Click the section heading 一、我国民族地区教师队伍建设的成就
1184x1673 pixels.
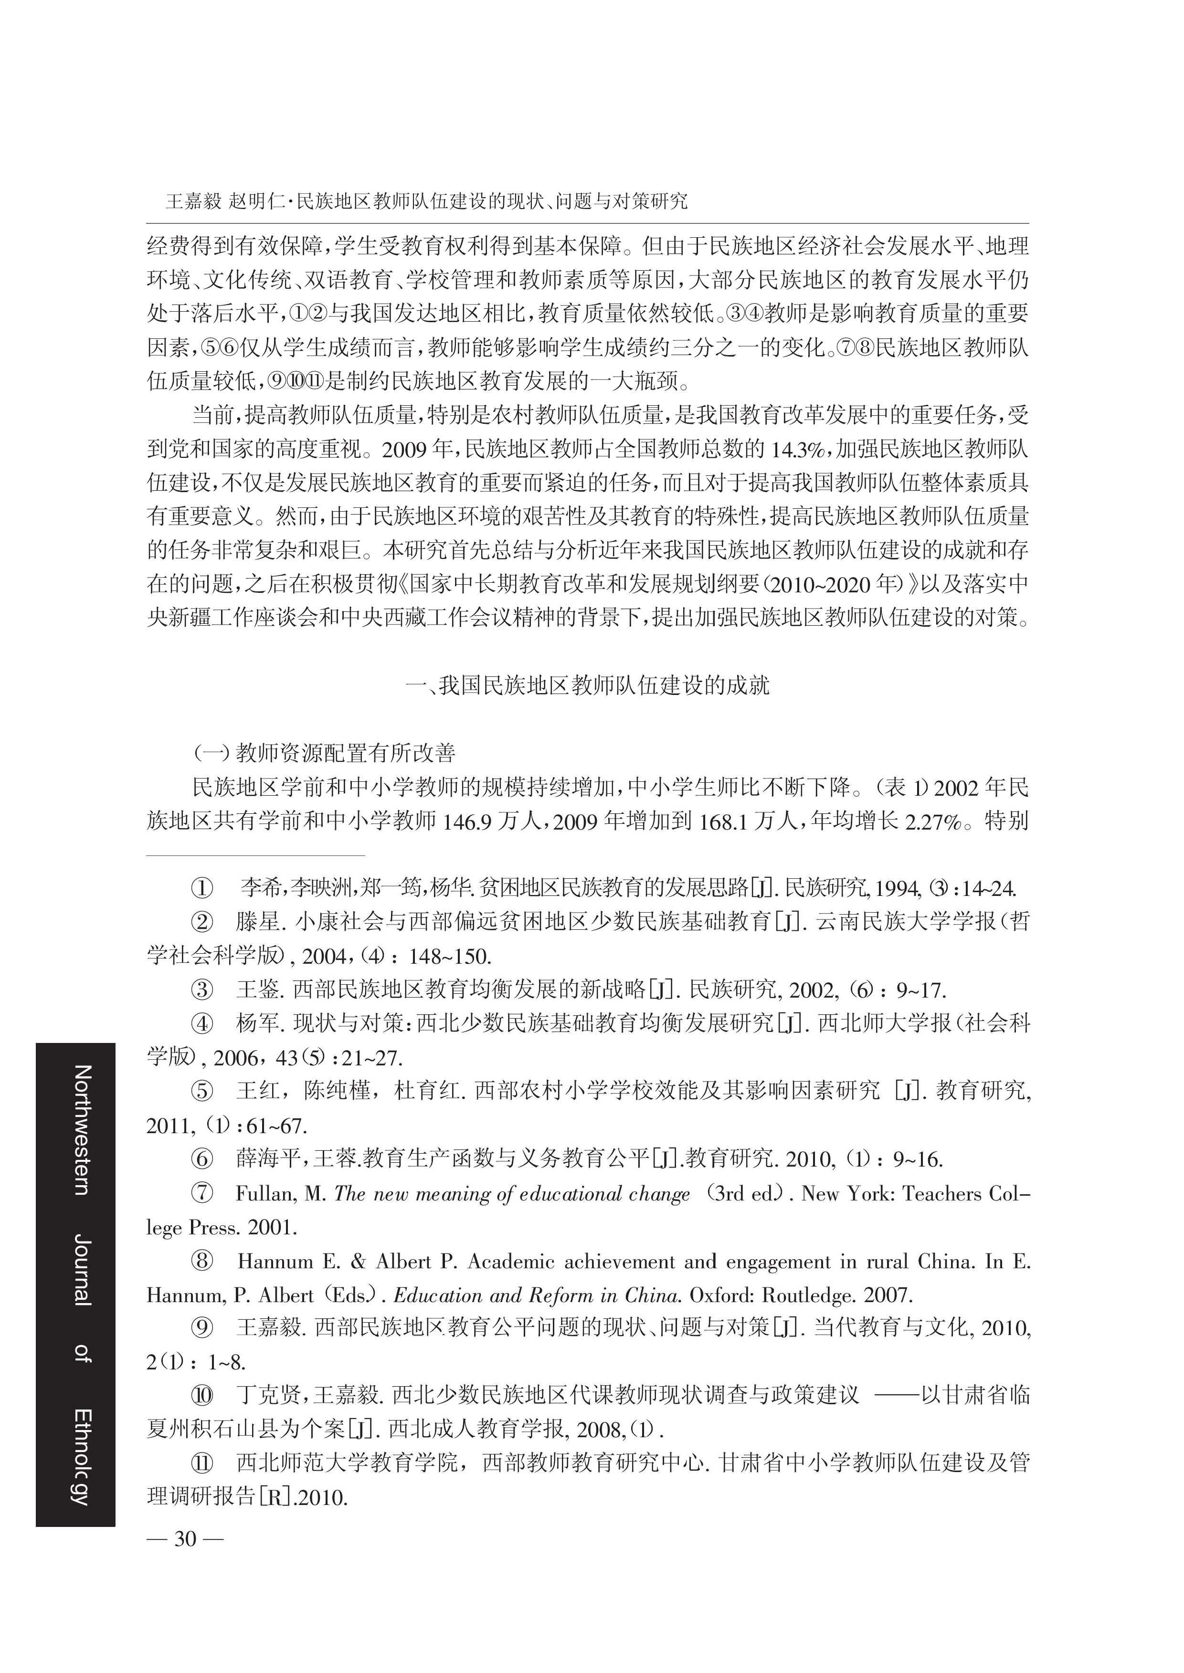587,685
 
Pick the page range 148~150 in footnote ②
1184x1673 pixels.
450,956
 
